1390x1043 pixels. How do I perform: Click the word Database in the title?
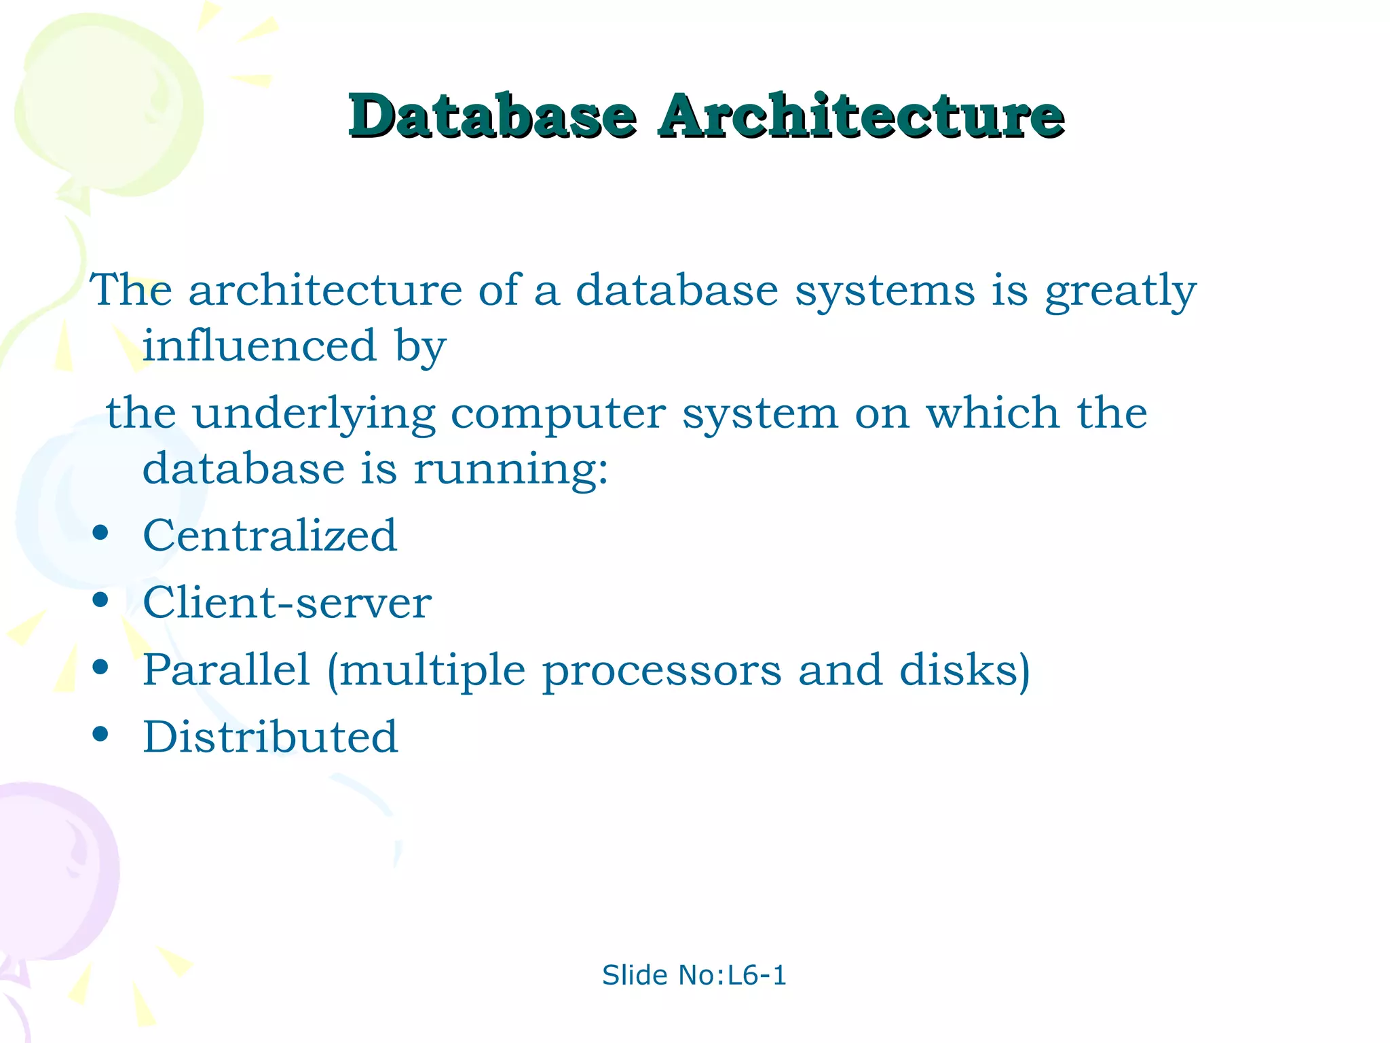pos(492,116)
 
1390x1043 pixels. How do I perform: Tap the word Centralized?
pos(269,535)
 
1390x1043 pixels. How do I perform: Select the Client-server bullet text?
pos(286,602)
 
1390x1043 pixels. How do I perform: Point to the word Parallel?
pos(226,670)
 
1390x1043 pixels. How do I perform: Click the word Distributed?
pos(270,737)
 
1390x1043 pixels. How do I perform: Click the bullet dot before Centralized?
pos(100,533)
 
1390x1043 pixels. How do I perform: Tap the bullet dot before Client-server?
pos(100,600)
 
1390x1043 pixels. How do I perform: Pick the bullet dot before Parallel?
pos(100,667)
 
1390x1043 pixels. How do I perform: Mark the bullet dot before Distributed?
pos(100,735)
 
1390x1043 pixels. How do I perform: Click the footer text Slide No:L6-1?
pos(694,975)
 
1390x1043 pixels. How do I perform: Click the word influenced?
pos(259,345)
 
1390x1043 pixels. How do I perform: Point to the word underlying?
pos(314,414)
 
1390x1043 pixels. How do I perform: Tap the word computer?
pos(558,414)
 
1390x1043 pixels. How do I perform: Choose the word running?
pos(510,469)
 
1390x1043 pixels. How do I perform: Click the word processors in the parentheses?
pos(662,671)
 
